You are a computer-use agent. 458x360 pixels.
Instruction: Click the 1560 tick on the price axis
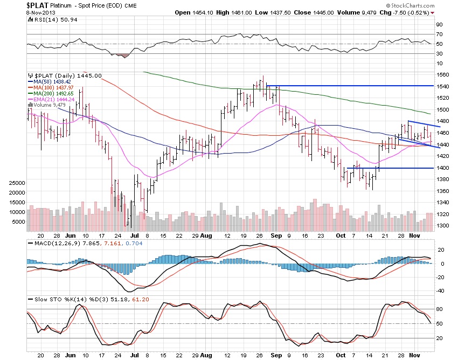point(443,74)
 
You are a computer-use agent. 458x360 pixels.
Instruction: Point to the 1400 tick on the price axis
point(443,168)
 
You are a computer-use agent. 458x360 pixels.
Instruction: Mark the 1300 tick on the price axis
point(443,226)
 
